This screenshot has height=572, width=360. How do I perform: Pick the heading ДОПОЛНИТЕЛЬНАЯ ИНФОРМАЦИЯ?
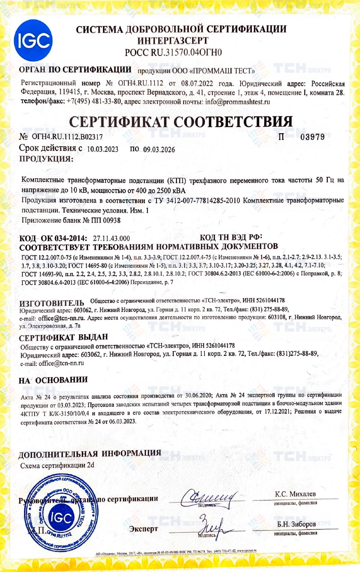point(90,454)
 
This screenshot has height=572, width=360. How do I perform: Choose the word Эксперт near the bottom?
point(143,528)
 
